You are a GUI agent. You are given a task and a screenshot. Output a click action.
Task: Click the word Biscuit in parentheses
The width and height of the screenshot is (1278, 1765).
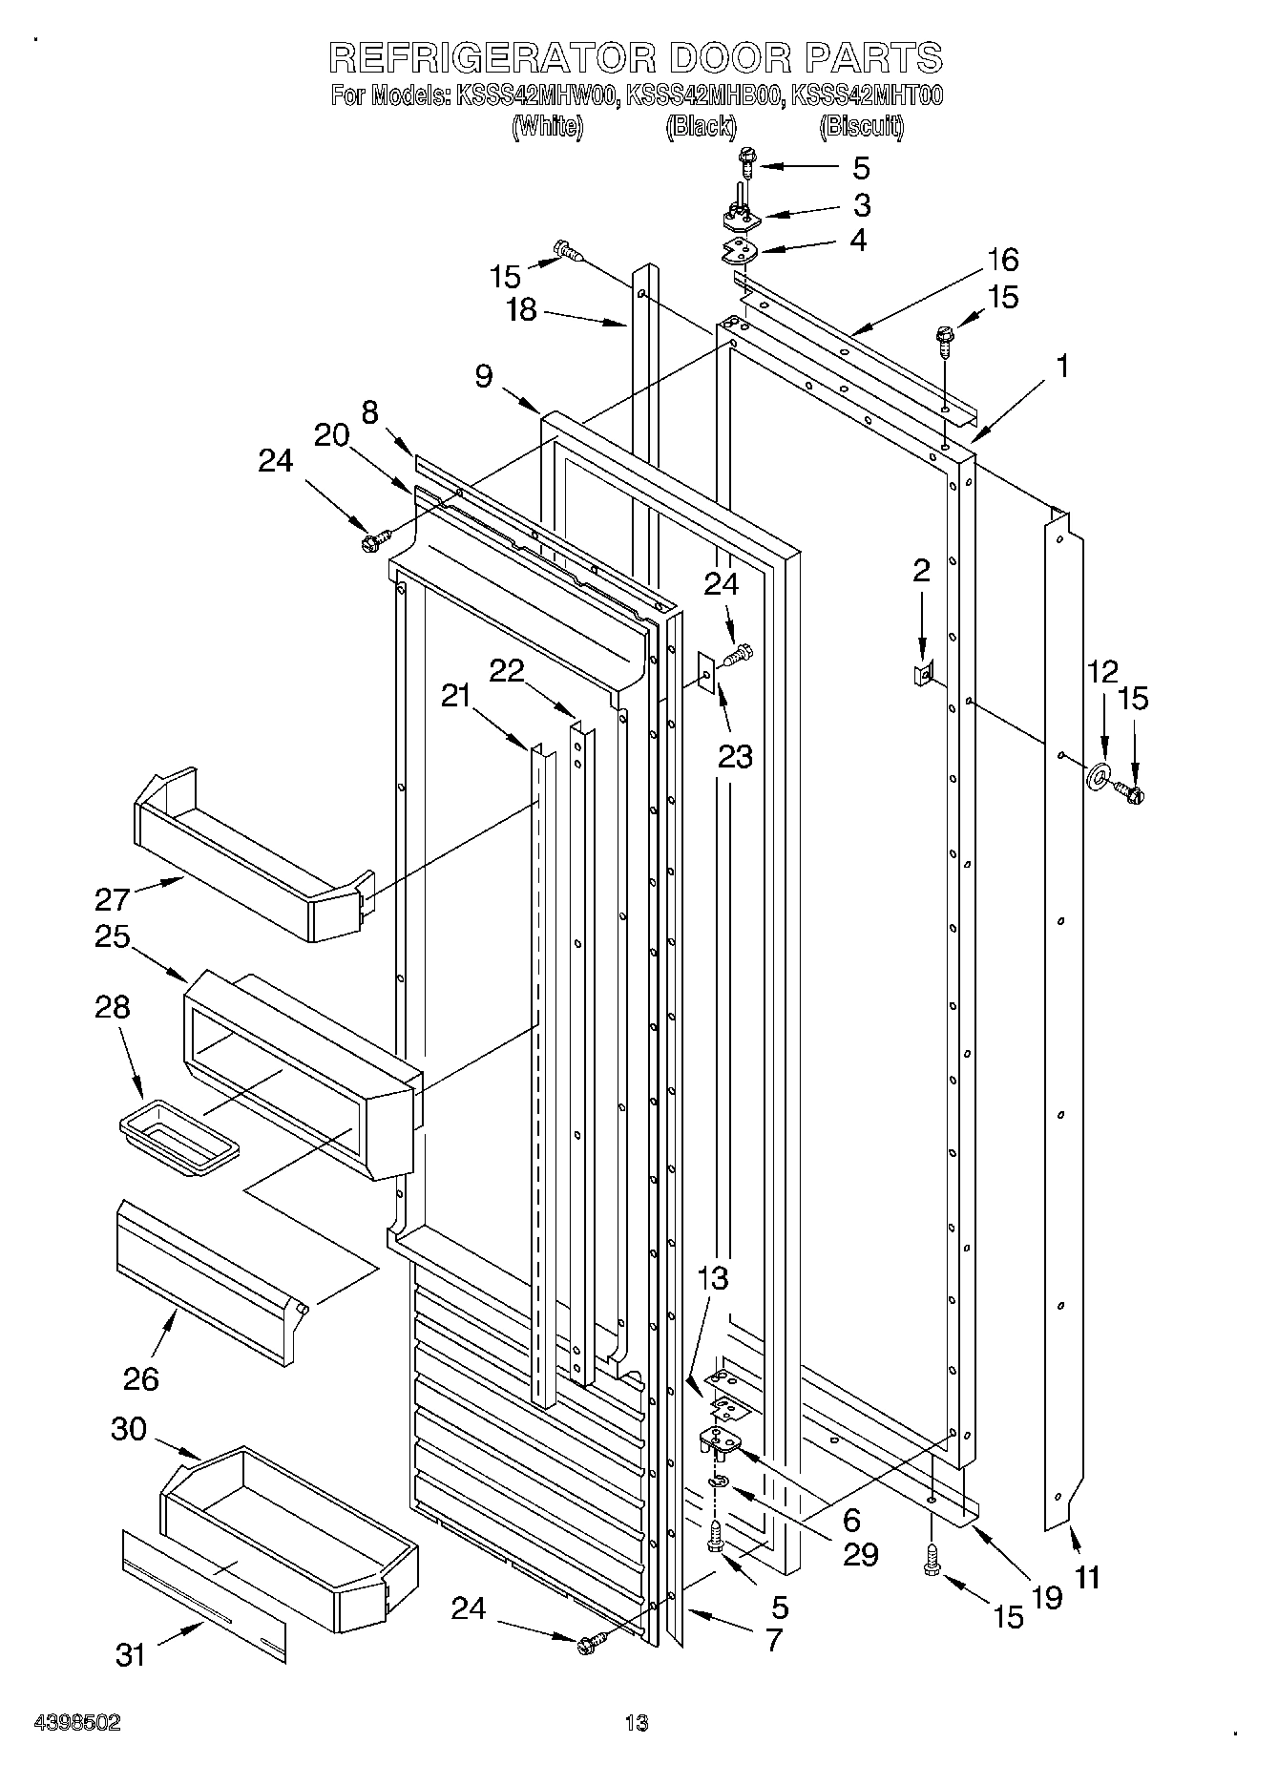[861, 126]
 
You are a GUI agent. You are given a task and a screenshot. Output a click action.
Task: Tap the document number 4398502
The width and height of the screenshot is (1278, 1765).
[77, 1723]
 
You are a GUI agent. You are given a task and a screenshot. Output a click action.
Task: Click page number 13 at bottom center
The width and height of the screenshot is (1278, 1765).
[636, 1723]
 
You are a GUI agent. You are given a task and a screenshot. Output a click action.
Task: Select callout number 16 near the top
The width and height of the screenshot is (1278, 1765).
[1002, 260]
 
